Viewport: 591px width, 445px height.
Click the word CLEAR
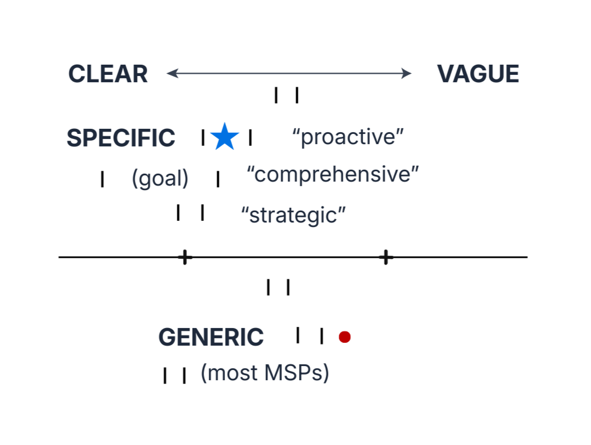click(x=108, y=74)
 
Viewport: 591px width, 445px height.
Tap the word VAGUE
click(x=478, y=74)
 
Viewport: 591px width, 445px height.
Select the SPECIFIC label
click(x=121, y=138)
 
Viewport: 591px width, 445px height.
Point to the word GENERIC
click(x=211, y=337)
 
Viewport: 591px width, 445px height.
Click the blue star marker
click(x=224, y=137)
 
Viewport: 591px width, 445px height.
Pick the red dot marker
click(x=344, y=337)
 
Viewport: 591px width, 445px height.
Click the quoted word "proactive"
click(x=348, y=137)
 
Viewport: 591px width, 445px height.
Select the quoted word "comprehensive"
click(x=333, y=175)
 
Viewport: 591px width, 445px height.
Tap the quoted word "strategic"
click(x=293, y=215)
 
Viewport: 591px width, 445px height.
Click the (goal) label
click(x=160, y=178)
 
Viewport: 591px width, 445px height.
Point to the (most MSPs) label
click(x=265, y=373)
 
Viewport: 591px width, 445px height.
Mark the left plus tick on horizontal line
click(x=185, y=257)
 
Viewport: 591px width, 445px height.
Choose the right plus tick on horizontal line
click(x=386, y=257)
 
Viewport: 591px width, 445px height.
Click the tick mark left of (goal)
click(x=102, y=179)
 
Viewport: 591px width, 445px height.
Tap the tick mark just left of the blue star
click(x=203, y=137)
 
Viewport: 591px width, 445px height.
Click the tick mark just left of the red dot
click(x=322, y=336)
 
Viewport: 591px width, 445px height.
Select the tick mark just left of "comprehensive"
click(x=218, y=179)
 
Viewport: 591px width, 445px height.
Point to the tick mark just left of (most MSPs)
click(x=184, y=375)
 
